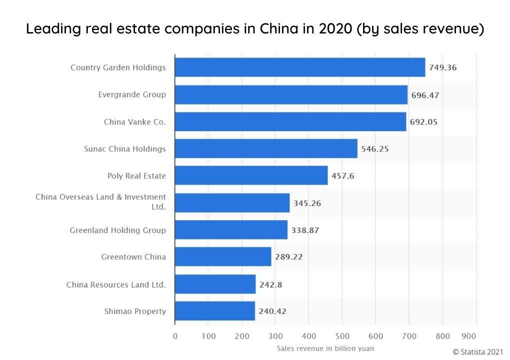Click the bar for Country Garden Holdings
point(300,67)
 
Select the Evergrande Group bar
point(291,94)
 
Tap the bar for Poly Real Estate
point(251,175)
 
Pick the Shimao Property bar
point(214,311)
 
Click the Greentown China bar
point(222,257)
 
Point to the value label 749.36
point(443,67)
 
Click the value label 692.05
point(424,121)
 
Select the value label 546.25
point(375,149)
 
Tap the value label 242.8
point(270,284)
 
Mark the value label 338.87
point(305,230)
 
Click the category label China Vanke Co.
point(134,121)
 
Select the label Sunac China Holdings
point(124,148)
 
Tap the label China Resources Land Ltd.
point(116,284)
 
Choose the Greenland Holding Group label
point(117,230)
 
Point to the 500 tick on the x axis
point(342,336)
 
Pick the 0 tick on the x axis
point(175,336)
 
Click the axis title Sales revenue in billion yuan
point(325,347)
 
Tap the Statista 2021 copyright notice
point(478,351)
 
